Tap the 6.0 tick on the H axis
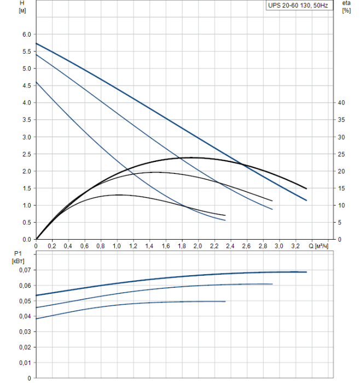point(26,34)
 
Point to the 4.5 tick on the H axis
point(26,85)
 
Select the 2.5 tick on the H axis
point(26,154)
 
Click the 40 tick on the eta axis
point(342,103)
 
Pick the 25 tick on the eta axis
point(342,154)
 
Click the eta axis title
point(346,3)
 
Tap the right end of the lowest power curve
point(225,301)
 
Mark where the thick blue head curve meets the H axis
point(36,43)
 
